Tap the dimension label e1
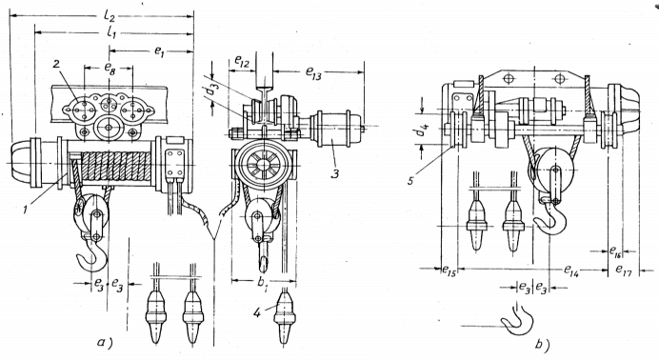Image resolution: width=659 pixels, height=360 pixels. (159, 51)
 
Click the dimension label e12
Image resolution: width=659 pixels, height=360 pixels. (242, 63)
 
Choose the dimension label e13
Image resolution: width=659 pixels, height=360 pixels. (314, 72)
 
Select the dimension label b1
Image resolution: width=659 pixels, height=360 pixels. (263, 284)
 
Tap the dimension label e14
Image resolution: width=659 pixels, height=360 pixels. (571, 270)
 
